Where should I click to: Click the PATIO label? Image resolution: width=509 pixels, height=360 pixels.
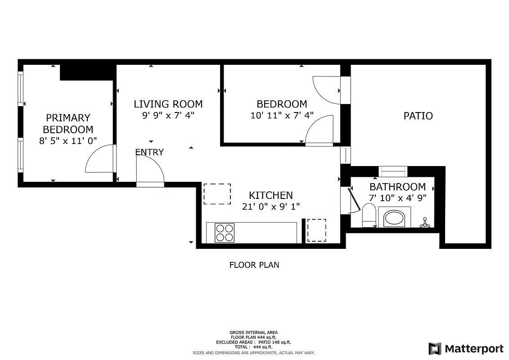(x=418, y=116)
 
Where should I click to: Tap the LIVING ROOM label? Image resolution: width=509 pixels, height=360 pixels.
(x=168, y=104)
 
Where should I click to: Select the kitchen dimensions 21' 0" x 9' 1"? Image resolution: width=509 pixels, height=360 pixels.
(x=271, y=206)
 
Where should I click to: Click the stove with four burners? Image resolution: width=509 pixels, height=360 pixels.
(x=225, y=233)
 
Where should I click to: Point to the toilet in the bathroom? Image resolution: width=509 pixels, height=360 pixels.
(x=369, y=216)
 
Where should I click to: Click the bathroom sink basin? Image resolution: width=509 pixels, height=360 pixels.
(x=395, y=218)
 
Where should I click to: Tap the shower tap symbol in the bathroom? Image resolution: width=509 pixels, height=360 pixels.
(x=424, y=222)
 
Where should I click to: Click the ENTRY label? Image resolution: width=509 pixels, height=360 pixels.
(x=149, y=153)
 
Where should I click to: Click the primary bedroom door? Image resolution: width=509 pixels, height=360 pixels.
(x=100, y=159)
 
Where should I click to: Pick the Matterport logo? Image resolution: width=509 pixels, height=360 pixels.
(x=466, y=348)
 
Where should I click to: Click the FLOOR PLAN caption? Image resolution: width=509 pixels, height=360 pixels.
(x=254, y=265)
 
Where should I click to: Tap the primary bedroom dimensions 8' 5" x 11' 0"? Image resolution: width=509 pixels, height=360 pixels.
(x=68, y=141)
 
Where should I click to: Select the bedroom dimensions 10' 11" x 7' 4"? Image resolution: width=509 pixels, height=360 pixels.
(x=282, y=116)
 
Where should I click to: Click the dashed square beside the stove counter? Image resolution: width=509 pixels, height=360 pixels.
(x=316, y=230)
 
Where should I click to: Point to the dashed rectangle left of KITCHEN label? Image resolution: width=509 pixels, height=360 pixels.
(x=217, y=194)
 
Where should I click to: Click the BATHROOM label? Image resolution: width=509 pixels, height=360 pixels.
(x=397, y=187)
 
